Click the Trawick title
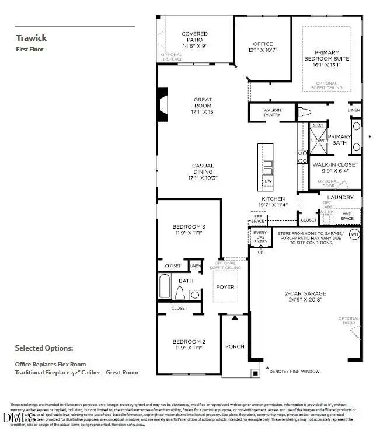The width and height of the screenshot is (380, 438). point(31,38)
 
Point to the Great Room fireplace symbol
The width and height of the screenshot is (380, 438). point(163,105)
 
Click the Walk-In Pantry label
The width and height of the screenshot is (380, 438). point(271,112)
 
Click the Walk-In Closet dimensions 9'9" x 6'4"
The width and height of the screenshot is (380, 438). point(335,171)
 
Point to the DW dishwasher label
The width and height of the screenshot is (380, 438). point(268,181)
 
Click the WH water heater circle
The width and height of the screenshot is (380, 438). point(354,234)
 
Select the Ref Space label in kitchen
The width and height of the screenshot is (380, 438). point(257,219)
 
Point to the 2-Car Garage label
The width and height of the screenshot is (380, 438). point(305,296)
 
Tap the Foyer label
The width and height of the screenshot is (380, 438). point(225,287)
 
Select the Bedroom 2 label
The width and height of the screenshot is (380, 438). point(189,345)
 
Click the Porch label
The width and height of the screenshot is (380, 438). point(235,346)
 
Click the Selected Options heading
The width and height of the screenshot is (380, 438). point(44,348)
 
